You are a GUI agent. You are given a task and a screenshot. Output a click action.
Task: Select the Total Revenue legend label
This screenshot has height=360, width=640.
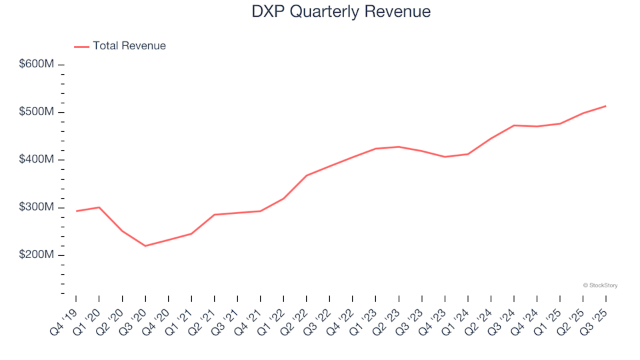[x=129, y=46]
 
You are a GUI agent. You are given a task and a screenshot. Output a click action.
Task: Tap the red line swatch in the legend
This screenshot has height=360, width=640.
[x=81, y=47]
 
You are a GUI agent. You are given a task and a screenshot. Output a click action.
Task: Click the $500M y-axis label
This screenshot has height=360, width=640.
[x=37, y=112]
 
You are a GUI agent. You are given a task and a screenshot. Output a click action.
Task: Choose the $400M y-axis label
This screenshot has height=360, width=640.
[x=37, y=160]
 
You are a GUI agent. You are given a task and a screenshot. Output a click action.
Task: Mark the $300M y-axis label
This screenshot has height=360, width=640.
[x=37, y=207]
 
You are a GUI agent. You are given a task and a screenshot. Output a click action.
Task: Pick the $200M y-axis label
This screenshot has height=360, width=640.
[x=37, y=255]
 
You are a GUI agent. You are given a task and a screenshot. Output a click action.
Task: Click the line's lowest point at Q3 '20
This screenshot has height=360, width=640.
[x=145, y=246]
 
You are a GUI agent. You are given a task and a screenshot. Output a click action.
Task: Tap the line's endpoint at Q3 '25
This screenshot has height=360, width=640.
[x=605, y=106]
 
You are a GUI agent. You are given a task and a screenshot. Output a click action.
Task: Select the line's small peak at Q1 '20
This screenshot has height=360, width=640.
[x=99, y=207]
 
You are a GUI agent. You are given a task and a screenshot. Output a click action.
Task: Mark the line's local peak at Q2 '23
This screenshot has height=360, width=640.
[x=399, y=147]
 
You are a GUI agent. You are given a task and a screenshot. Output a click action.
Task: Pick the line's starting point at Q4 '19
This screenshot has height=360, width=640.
[x=76, y=211]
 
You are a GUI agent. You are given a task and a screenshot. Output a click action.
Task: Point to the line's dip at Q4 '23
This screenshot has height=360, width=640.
[x=445, y=157]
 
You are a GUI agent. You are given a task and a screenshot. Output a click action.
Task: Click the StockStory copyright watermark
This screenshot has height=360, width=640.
[x=600, y=285]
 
